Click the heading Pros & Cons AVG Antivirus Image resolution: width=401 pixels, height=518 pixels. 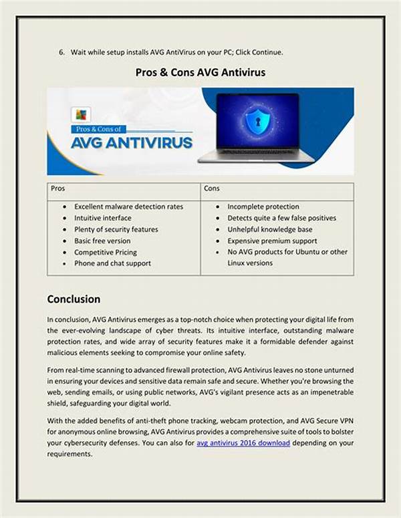(x=200, y=72)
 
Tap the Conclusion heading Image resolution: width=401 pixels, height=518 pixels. (x=74, y=299)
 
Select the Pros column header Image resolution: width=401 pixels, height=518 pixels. (x=58, y=189)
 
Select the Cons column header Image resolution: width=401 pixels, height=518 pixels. (x=212, y=189)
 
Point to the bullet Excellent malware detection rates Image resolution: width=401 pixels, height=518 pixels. (x=128, y=207)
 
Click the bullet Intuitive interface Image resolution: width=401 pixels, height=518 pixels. (x=102, y=218)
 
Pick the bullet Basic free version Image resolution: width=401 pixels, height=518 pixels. (x=102, y=241)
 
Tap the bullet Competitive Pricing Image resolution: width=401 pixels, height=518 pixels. (x=106, y=252)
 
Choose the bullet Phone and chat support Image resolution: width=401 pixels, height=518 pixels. (x=112, y=263)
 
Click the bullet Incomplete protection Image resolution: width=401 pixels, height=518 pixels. (x=263, y=207)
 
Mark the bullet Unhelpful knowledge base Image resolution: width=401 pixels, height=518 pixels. (x=269, y=229)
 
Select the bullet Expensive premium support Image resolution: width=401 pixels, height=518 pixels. (x=272, y=241)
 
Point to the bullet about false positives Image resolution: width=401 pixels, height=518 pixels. (x=281, y=218)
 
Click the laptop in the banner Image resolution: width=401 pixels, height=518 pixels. (x=257, y=130)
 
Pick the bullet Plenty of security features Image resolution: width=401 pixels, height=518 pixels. (x=116, y=229)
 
